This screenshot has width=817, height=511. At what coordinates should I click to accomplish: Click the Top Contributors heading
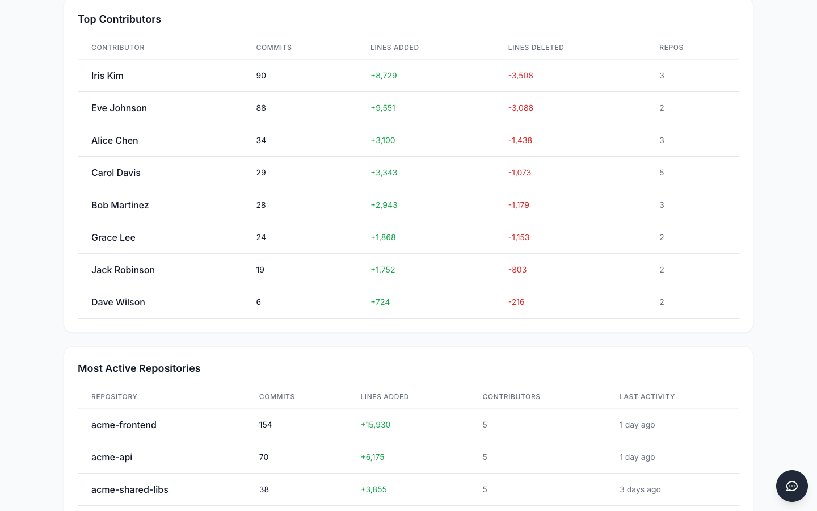pyautogui.click(x=119, y=19)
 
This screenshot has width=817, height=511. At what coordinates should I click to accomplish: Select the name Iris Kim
pyautogui.click(x=107, y=76)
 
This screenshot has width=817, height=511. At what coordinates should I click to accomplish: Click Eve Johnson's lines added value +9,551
pyautogui.click(x=383, y=108)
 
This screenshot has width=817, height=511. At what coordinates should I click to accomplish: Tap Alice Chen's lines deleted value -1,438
pyautogui.click(x=520, y=140)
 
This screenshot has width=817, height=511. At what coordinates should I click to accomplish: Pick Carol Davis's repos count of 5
pyautogui.click(x=662, y=173)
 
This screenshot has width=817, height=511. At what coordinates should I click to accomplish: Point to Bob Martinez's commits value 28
pyautogui.click(x=261, y=205)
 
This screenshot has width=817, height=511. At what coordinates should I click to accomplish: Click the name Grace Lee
pyautogui.click(x=113, y=237)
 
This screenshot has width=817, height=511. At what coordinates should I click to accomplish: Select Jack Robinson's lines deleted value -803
pyautogui.click(x=517, y=270)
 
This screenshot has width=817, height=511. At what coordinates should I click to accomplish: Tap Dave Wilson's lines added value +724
pyautogui.click(x=380, y=302)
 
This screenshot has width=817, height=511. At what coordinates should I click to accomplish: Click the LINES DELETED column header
pyautogui.click(x=536, y=48)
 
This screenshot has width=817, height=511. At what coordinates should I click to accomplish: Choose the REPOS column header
pyautogui.click(x=671, y=48)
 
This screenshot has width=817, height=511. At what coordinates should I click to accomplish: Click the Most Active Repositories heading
pyautogui.click(x=139, y=368)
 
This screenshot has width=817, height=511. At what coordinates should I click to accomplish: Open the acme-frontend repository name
pyautogui.click(x=124, y=425)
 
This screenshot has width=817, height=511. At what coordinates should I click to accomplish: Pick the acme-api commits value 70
pyautogui.click(x=264, y=457)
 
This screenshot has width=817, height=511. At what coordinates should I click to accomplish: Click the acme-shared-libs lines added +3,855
pyautogui.click(x=374, y=489)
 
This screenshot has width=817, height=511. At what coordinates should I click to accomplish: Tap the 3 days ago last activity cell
pyautogui.click(x=640, y=489)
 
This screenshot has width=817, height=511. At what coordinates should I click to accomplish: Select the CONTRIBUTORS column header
pyautogui.click(x=511, y=397)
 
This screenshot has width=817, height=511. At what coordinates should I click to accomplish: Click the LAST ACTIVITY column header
pyautogui.click(x=647, y=397)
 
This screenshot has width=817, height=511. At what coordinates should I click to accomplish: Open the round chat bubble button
pyautogui.click(x=792, y=486)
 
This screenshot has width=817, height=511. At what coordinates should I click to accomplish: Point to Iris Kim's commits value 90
pyautogui.click(x=261, y=76)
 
